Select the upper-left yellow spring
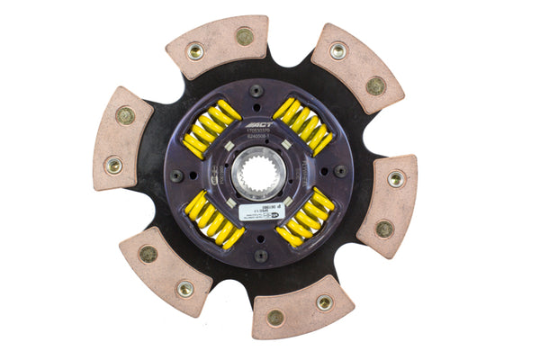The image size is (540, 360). tap(210, 129)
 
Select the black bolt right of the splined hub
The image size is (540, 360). tap(339, 170)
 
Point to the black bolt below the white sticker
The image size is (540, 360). tap(258, 255)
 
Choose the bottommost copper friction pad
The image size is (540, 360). tap(301, 309)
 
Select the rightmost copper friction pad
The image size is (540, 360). tap(388, 204)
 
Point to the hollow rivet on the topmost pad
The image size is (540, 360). tap(195, 51)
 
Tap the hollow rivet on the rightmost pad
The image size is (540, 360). tap(395, 180)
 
